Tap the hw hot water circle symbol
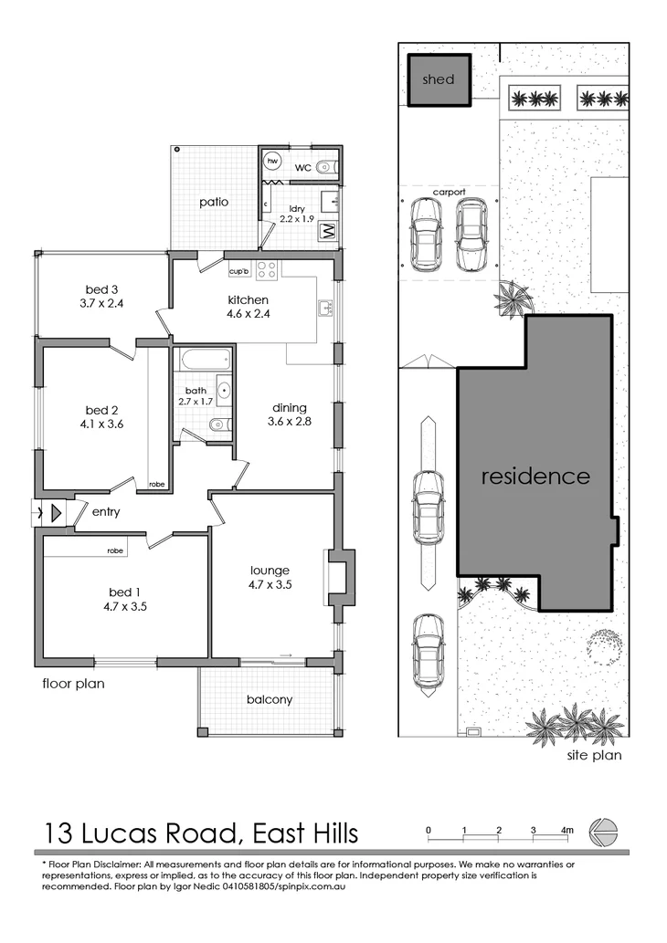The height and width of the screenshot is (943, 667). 272,162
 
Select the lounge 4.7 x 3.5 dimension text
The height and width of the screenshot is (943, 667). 271,585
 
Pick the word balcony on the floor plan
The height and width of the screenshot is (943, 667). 270,700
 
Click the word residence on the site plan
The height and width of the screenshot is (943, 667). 535,476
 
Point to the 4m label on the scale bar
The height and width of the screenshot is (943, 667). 567,830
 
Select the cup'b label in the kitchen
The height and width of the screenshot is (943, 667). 239,271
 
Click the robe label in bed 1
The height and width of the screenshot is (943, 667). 115,550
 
